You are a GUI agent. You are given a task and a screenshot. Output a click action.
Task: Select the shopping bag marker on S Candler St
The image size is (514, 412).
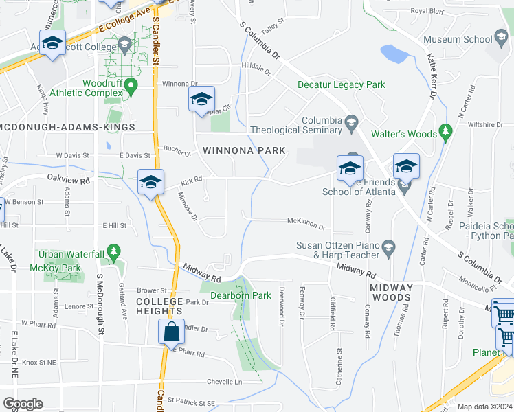(x=171, y=332)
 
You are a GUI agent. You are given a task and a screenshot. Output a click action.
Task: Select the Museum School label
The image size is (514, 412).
(x=458, y=40)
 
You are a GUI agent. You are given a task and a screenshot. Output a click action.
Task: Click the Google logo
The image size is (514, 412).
(x=23, y=404)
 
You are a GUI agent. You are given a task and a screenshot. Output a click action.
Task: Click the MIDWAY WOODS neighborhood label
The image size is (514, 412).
(x=391, y=293)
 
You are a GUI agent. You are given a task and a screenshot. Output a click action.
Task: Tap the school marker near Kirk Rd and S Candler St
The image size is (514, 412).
(x=150, y=182)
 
